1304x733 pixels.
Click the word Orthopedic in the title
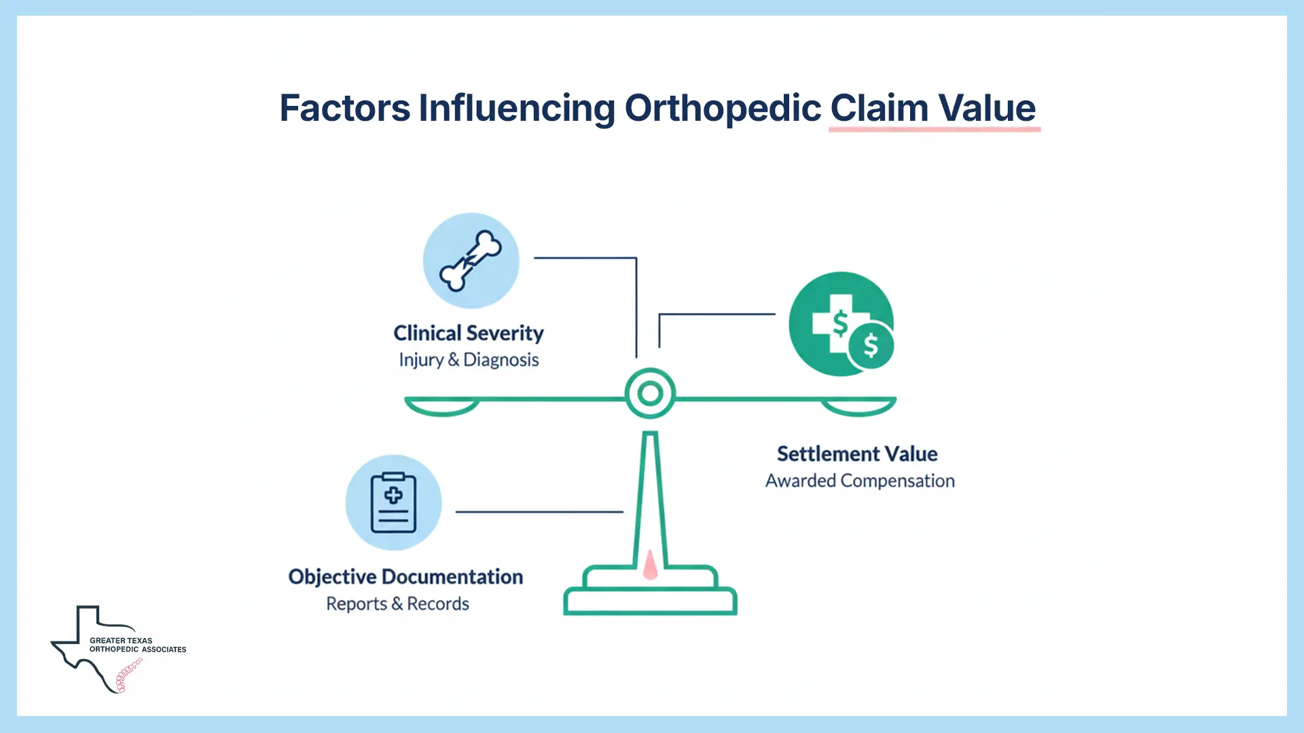pos(723,108)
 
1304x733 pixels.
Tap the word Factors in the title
pos(345,108)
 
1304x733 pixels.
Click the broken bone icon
pos(471,261)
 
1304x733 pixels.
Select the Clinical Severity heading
pos(469,333)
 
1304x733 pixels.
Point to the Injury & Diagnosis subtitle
pos(469,360)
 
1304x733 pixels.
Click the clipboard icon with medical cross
pos(393,503)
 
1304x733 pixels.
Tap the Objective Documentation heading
pos(405,577)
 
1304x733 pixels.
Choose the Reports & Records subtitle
pos(397,603)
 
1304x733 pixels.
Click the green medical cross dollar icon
pos(841,324)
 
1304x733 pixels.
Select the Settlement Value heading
pos(857,453)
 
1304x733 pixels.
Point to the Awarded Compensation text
pos(860,481)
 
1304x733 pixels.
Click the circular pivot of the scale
pos(650,393)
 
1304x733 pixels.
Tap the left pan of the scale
pos(442,407)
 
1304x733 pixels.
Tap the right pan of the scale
pos(858,407)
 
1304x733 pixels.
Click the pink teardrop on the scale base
pos(650,565)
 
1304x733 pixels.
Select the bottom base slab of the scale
pos(650,602)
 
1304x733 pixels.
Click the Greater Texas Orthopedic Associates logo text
pos(137,645)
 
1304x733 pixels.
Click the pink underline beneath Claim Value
pos(934,129)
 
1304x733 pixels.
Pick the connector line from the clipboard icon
pos(539,512)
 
